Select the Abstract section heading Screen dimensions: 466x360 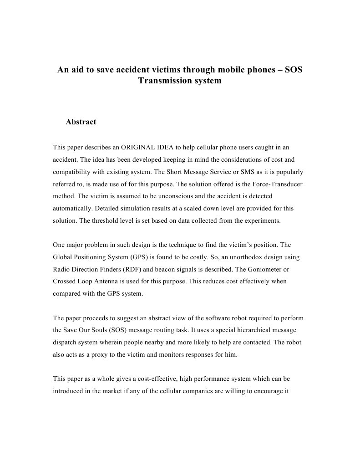[81, 122]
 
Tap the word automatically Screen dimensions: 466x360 [72, 208]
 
